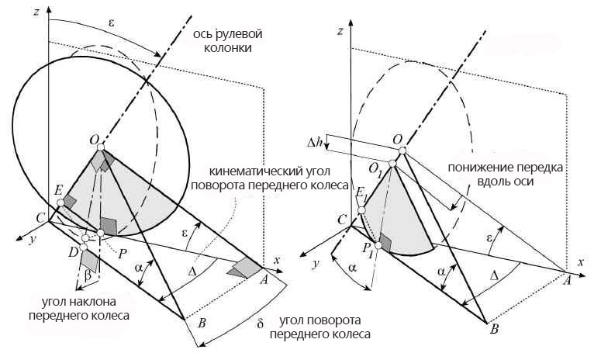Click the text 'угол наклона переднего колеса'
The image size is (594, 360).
pyautogui.click(x=86, y=309)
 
